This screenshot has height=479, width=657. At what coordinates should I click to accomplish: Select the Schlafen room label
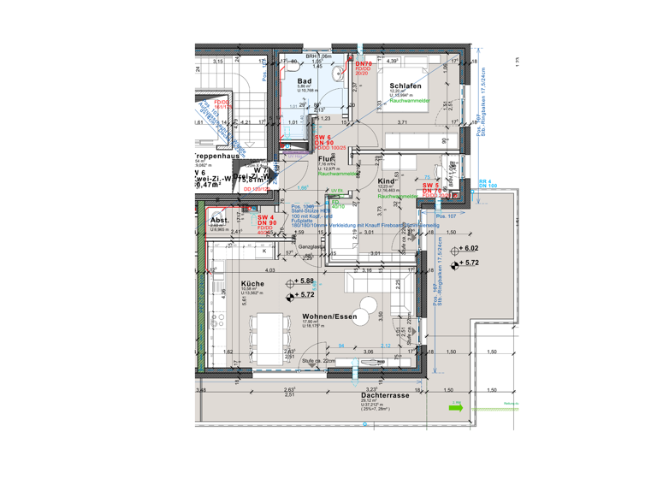tap(404, 86)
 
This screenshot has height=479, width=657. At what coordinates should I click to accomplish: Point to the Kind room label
tap(386, 181)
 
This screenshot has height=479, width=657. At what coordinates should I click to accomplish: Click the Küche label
tap(252, 284)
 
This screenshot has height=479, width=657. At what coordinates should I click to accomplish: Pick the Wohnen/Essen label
tap(329, 316)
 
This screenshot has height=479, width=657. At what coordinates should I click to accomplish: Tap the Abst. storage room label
tap(219, 220)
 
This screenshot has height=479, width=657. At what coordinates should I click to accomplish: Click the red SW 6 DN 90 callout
tap(323, 141)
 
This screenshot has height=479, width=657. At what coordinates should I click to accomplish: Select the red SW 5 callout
tap(430, 185)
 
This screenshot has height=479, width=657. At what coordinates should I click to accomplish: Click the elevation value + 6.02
tap(472, 248)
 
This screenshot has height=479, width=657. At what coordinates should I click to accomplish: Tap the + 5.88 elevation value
tap(307, 281)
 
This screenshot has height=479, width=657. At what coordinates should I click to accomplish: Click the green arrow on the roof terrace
tap(455, 408)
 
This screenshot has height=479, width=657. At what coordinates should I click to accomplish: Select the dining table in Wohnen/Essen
tap(270, 328)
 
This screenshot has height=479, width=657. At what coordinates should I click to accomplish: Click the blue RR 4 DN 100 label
tap(487, 183)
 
